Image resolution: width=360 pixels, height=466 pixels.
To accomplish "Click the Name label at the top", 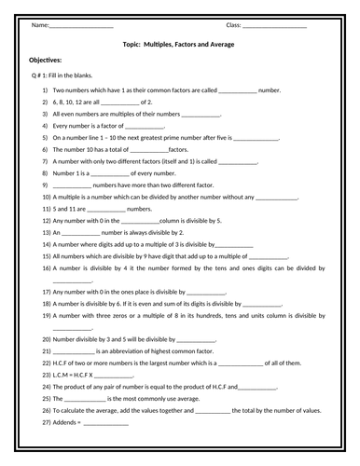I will tap(39, 24).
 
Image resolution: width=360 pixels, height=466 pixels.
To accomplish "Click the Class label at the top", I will tap(232, 24).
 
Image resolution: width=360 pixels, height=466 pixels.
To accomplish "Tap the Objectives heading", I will tap(47, 59).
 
